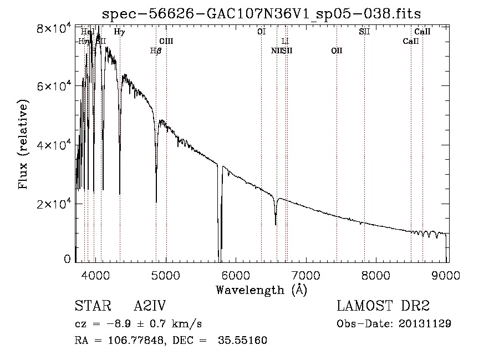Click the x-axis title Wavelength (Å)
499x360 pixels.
[x=261, y=289]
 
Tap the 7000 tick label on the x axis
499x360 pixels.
[x=307, y=273]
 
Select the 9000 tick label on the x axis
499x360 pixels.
[x=447, y=273]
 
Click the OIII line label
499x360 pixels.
[x=166, y=41]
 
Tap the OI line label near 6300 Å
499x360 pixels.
[x=261, y=32]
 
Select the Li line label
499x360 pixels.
[x=286, y=41]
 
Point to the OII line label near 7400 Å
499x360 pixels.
[x=337, y=51]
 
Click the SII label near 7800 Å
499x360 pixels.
[x=364, y=32]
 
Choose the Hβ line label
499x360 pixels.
[x=156, y=51]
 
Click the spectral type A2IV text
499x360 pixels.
[x=150, y=306]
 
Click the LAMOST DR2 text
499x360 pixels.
[x=383, y=306]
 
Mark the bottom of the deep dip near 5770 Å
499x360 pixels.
[x=219, y=258]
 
